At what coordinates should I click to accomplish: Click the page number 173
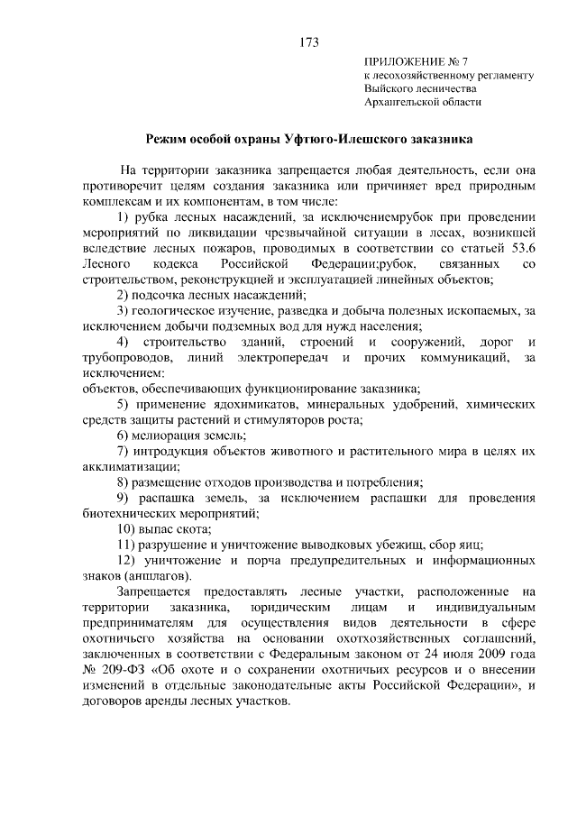(307, 42)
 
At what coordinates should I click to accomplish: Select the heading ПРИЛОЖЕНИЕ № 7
(415, 61)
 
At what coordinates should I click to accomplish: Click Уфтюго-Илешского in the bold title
(329, 140)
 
